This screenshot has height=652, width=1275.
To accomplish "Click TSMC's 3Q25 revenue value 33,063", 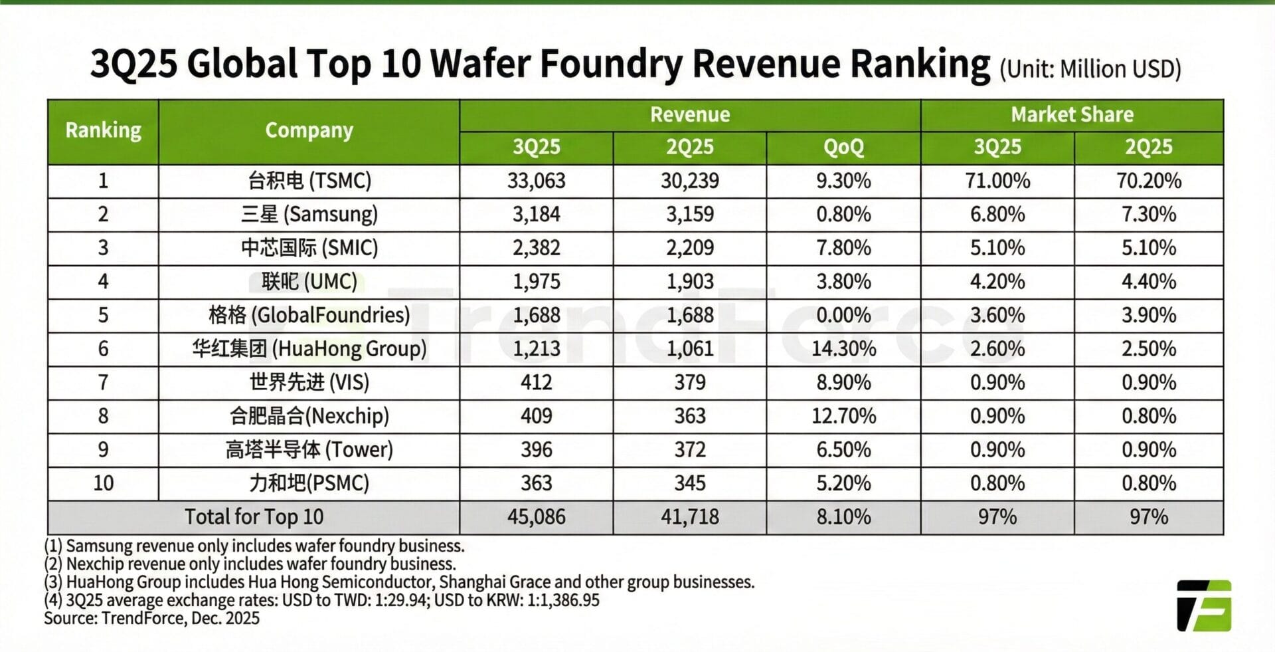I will point(536,181).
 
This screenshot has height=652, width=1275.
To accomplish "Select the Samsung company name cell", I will point(309,214).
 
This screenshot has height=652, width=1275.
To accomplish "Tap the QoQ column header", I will point(843,147).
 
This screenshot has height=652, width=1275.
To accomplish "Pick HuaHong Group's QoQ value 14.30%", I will point(843,348).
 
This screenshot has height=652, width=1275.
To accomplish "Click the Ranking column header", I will point(103,130).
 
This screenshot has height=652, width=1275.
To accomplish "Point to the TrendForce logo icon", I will point(1203,605).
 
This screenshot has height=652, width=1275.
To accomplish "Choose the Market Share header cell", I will point(1072,114).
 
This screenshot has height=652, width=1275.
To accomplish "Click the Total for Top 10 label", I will point(254,516).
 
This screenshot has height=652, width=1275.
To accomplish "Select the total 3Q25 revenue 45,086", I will point(536,516).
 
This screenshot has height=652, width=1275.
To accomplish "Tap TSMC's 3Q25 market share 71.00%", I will point(997,181).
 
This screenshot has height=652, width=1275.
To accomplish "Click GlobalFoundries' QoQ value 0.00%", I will point(843,315).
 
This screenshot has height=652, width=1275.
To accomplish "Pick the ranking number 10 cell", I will point(103,483).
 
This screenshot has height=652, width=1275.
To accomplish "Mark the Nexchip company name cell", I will point(309,416).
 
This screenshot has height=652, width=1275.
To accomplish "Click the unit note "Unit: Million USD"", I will point(1090,69).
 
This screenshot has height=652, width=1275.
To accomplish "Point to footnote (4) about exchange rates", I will point(321,600).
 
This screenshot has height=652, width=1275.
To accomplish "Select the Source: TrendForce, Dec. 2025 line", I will point(151,618).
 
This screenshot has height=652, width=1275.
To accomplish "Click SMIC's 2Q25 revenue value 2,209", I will point(689,248).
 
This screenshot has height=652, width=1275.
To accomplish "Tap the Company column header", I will point(309,130).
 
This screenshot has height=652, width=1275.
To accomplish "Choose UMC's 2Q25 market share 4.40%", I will point(1148,281).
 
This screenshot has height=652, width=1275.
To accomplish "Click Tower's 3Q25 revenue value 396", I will point(536,449).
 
